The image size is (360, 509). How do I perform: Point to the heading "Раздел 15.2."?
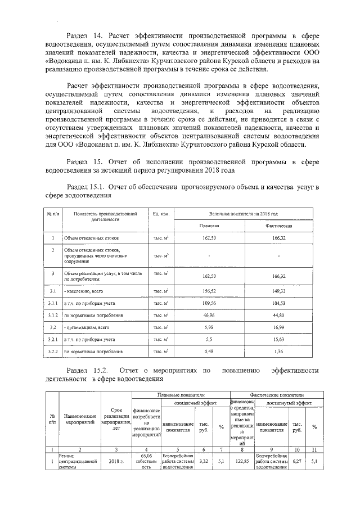[x=86, y=371]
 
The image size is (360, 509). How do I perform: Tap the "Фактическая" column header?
[x=279, y=225]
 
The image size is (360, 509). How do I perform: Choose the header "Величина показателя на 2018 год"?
[x=244, y=214]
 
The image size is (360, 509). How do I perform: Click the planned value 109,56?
[x=209, y=303]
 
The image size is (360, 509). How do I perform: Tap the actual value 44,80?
[x=279, y=315]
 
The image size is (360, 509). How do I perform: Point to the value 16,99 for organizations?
[x=279, y=327]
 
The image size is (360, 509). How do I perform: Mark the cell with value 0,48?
[x=209, y=352]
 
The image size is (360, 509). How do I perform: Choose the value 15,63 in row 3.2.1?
[x=279, y=340]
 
